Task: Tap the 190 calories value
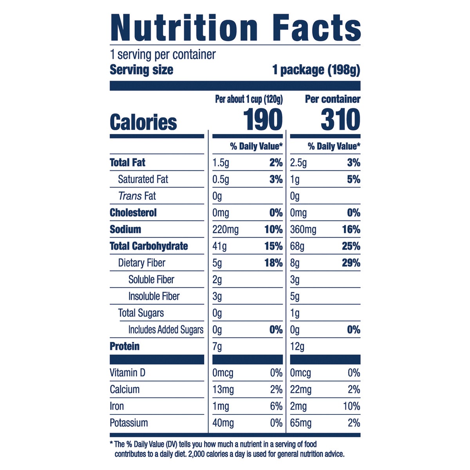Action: click(x=262, y=120)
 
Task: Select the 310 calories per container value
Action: click(x=340, y=120)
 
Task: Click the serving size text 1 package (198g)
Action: click(x=316, y=70)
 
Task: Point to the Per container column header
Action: click(x=333, y=99)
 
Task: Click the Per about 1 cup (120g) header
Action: click(x=249, y=99)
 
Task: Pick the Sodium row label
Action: click(x=125, y=230)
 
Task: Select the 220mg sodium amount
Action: click(x=225, y=230)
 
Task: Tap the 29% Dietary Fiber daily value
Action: click(x=351, y=263)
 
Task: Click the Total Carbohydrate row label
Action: click(x=149, y=246)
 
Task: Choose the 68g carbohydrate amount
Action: click(x=297, y=246)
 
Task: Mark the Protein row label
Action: click(x=125, y=347)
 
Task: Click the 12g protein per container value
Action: click(x=297, y=347)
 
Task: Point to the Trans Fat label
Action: click(x=137, y=196)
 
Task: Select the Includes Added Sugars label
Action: click(x=166, y=330)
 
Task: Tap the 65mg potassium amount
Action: click(x=301, y=423)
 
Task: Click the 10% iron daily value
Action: click(x=351, y=406)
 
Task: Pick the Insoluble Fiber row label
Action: click(x=154, y=296)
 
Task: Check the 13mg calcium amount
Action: click(x=223, y=390)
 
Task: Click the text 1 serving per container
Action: click(x=163, y=54)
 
